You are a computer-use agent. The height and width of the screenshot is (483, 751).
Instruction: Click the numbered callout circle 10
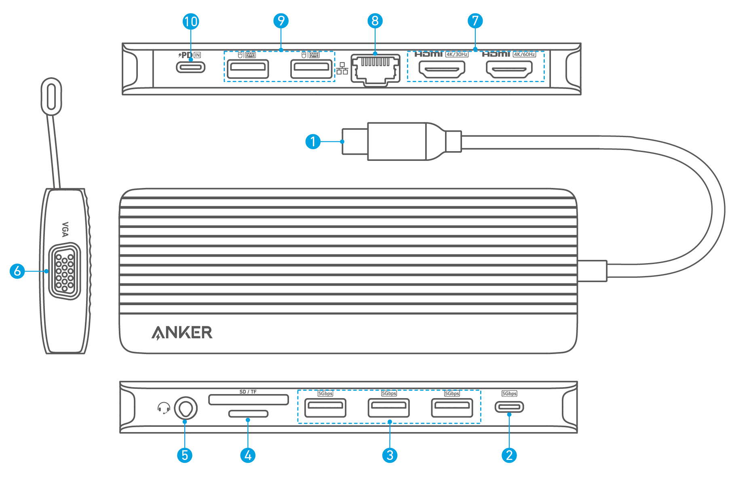191,21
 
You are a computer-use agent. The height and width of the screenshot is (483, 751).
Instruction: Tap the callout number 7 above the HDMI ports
475,21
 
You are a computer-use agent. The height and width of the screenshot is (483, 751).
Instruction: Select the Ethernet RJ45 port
375,70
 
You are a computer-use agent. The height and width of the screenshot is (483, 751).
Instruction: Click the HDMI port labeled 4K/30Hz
442,69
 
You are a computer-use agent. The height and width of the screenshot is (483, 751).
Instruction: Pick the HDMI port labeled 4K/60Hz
509,69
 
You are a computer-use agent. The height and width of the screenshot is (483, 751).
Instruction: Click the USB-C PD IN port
191,67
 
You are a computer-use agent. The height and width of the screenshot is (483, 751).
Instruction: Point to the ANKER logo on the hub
182,333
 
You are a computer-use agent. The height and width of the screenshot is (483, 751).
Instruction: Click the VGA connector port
65,271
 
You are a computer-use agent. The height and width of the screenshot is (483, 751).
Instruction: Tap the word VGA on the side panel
65,229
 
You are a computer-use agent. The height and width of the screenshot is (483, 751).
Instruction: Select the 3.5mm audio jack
186,408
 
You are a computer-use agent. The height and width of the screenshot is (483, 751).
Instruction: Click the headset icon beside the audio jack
164,408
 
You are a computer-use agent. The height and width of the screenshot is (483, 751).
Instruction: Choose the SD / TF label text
248,392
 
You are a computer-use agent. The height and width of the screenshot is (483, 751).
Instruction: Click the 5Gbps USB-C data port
509,407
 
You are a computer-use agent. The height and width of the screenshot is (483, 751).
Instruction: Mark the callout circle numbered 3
390,455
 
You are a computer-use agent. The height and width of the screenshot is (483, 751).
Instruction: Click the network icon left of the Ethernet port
342,68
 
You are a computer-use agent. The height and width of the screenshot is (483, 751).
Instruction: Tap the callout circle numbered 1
313,141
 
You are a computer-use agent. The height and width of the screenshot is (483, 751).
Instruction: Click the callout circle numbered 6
17,271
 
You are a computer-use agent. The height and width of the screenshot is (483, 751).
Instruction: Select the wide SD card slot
249,400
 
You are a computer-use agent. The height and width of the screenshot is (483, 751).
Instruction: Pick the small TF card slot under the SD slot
248,413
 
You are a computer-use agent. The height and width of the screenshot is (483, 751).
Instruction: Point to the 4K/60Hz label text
524,54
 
